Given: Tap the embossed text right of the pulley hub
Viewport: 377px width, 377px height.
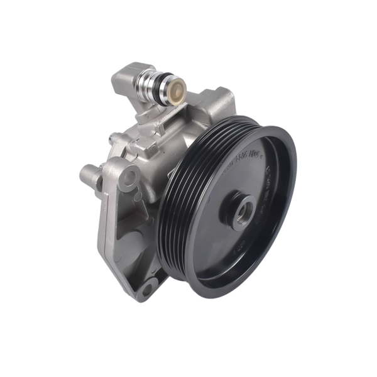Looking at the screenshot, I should pyautogui.click(x=267, y=188).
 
